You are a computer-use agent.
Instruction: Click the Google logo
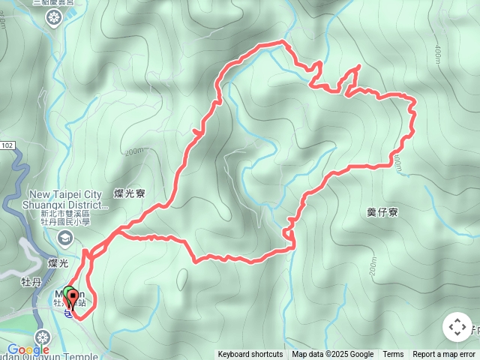coord(28,349)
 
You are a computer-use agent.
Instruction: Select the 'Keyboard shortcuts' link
coord(250,355)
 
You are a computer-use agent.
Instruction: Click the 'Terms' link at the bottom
coord(393,355)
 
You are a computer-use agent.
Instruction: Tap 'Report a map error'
coord(444,355)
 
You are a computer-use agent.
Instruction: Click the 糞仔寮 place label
coord(382,213)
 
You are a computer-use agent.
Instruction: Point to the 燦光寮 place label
coord(130,193)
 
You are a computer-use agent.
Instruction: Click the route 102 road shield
coord(7,145)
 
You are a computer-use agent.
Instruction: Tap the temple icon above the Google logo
coord(43,337)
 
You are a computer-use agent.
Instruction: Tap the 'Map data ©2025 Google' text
coord(332,355)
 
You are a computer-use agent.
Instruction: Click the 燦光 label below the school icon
coord(58,263)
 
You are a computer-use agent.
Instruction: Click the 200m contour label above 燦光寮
coord(134,152)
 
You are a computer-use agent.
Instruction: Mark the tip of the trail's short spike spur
coord(358,67)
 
